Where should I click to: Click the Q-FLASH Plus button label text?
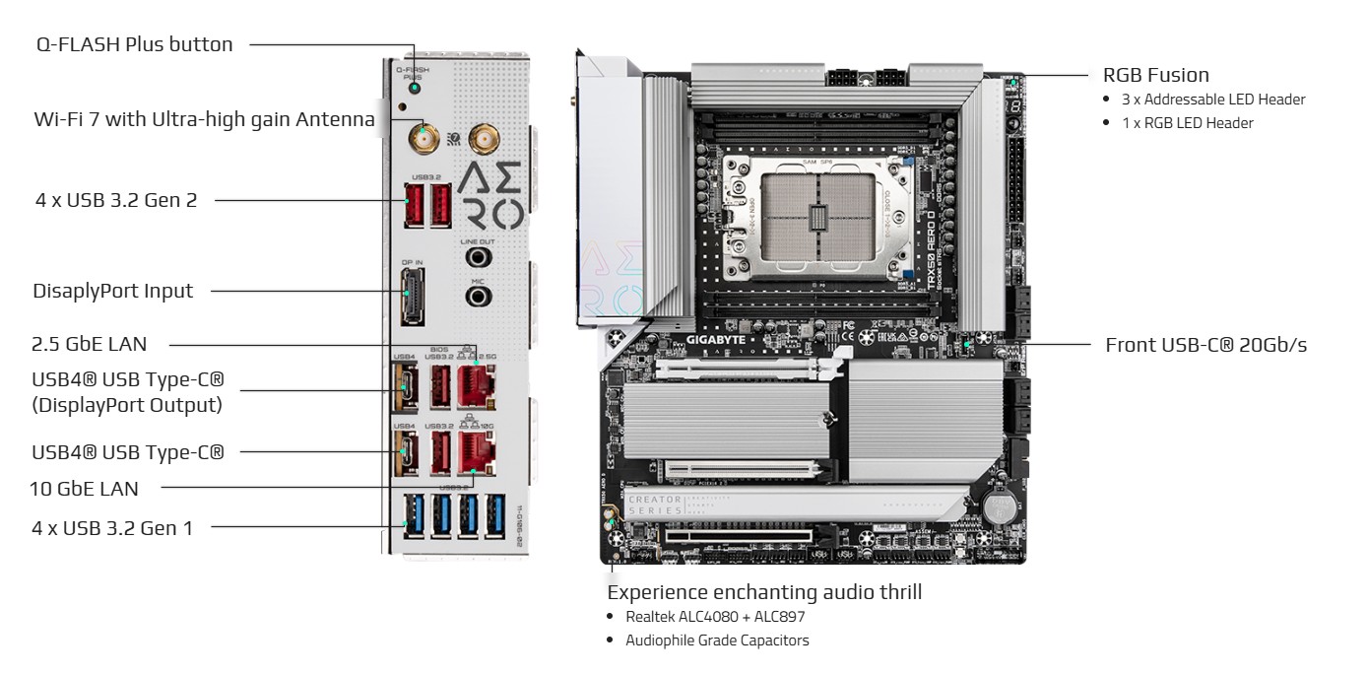[x=134, y=44]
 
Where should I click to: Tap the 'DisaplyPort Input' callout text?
[x=112, y=291]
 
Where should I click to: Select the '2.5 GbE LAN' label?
[x=90, y=344]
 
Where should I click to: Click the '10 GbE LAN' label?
[x=84, y=488]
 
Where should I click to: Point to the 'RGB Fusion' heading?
[x=1155, y=75]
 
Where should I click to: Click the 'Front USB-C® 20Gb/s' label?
[x=1205, y=345]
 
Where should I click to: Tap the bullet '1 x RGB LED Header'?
[x=1187, y=123]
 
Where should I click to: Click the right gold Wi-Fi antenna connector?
[x=483, y=138]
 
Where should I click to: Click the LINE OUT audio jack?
[x=478, y=257]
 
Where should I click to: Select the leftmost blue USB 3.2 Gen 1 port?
[x=413, y=517]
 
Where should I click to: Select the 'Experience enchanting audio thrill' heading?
[x=764, y=592]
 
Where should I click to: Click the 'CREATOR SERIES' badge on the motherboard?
[x=655, y=506]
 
